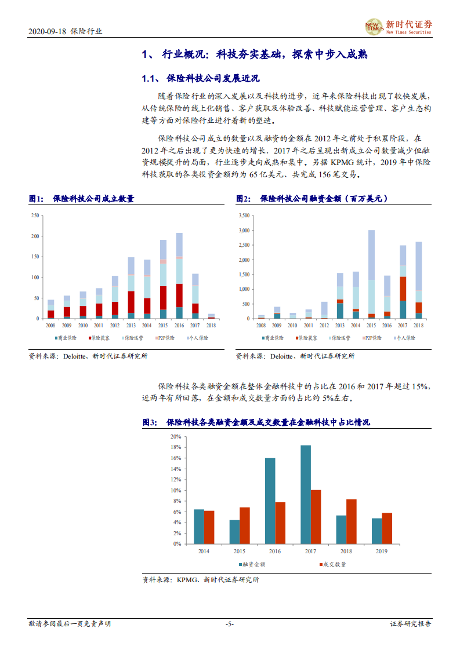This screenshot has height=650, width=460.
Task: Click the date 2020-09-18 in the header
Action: (48, 32)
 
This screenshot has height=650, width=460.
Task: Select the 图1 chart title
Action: (82, 199)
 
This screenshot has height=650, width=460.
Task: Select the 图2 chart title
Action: (312, 199)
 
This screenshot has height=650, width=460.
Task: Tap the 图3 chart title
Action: (256, 423)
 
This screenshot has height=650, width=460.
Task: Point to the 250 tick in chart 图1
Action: (35, 216)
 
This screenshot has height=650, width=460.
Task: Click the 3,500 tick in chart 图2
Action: (243, 216)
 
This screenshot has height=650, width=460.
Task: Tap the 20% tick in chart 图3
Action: (175, 436)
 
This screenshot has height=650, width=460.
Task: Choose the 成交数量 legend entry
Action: (332, 565)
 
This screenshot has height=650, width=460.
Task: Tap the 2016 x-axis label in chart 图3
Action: (274, 551)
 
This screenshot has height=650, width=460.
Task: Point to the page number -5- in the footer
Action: (230, 624)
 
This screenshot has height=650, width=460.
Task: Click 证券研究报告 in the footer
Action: (411, 624)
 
